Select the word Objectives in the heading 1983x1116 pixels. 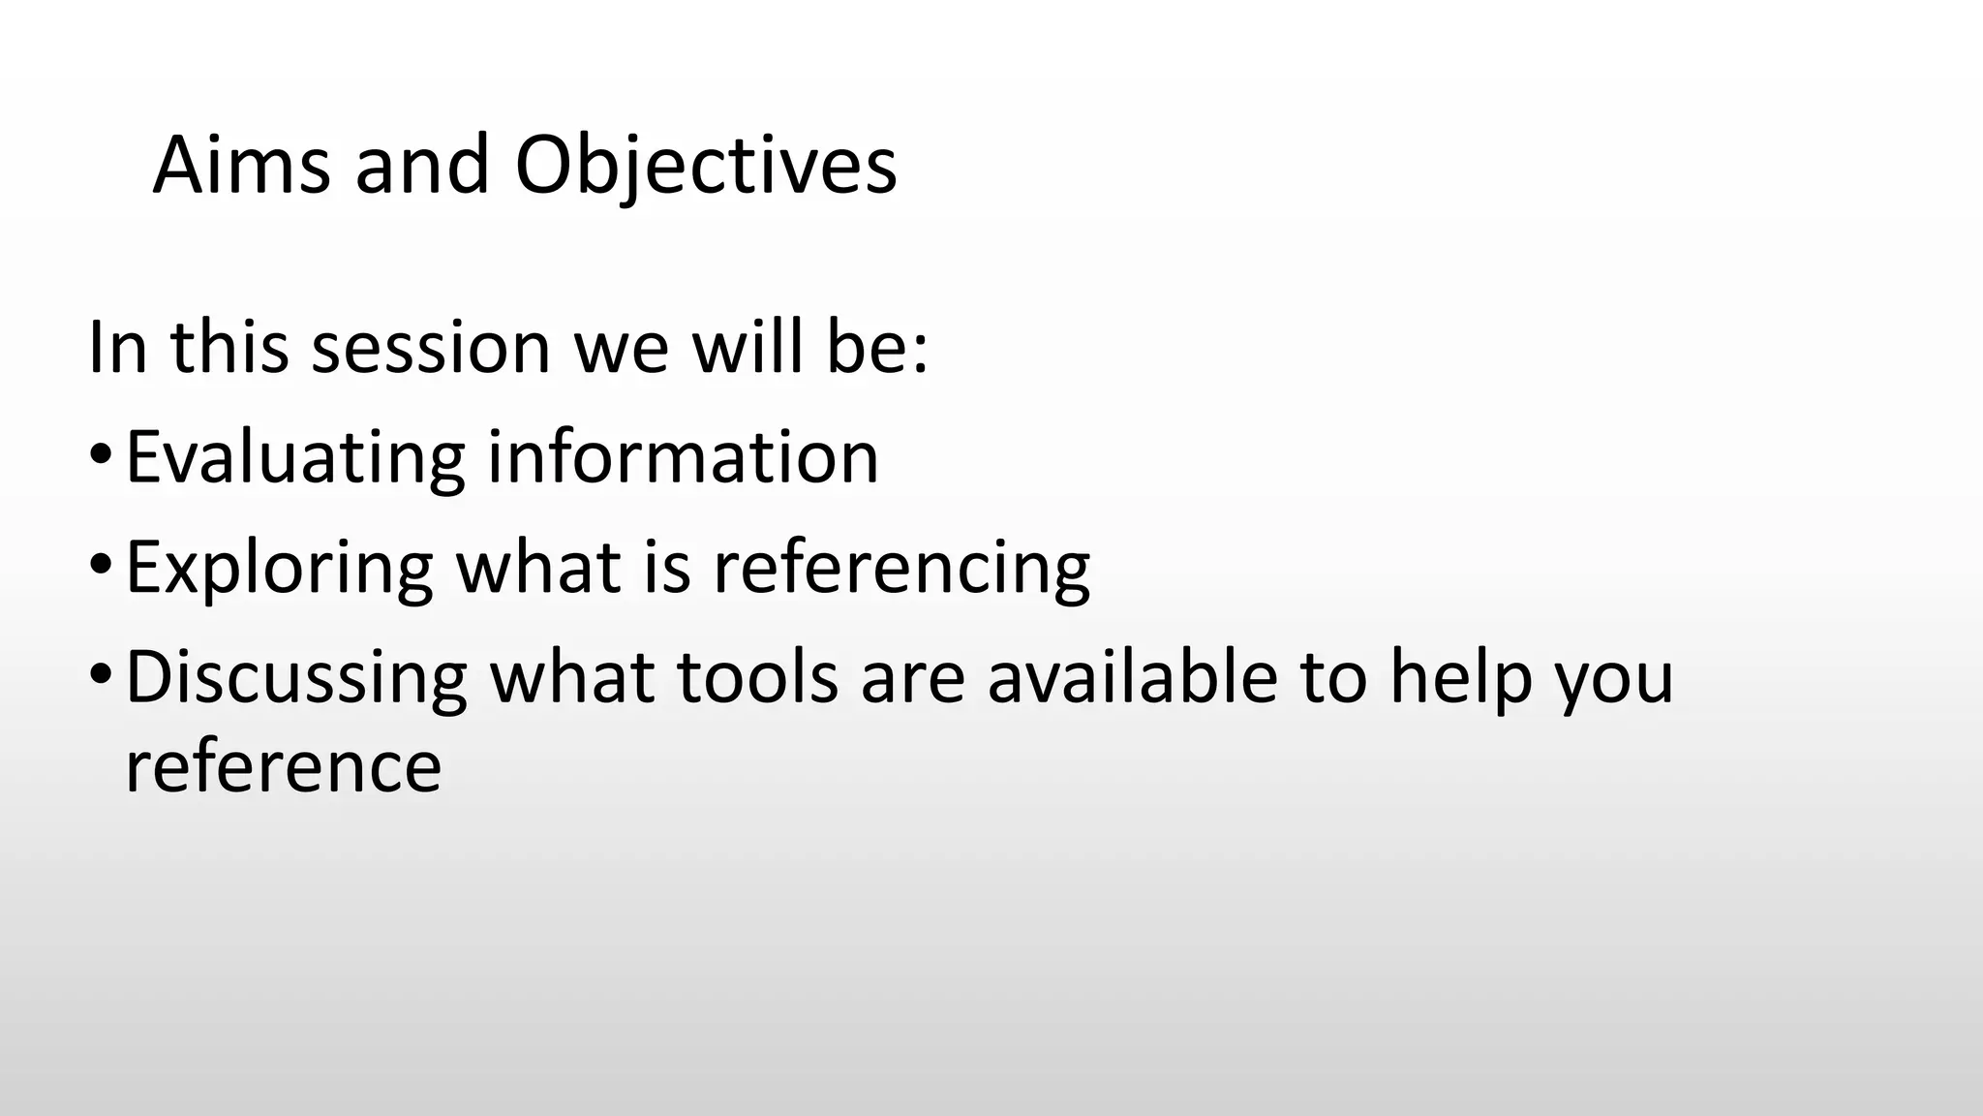pyautogui.click(x=706, y=165)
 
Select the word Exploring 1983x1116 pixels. pyautogui.click(x=279, y=568)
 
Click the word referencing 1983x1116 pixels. pyautogui.click(x=901, y=568)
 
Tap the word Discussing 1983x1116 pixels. pyautogui.click(x=296, y=677)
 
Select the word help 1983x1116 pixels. pyautogui.click(x=1461, y=677)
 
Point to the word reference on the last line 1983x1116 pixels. pyautogui.click(x=284, y=766)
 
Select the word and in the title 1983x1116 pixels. pyautogui.click(x=422, y=165)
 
